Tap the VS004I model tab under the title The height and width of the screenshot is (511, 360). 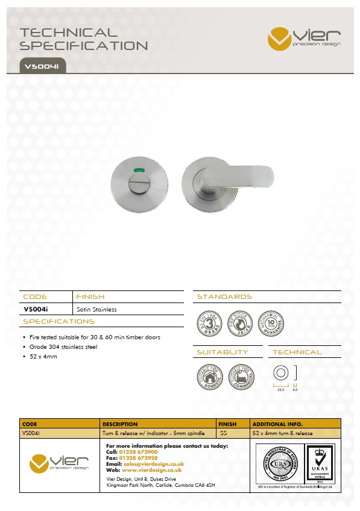coord(41,66)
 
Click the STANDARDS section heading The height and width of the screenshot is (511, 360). coord(224,296)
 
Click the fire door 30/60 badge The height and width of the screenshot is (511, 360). coord(240,325)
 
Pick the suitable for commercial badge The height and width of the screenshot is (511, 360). coord(241,377)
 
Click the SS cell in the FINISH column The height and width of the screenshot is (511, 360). coord(223,433)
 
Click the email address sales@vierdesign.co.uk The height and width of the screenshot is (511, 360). coord(153,465)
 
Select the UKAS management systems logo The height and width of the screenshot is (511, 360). coord(320,463)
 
